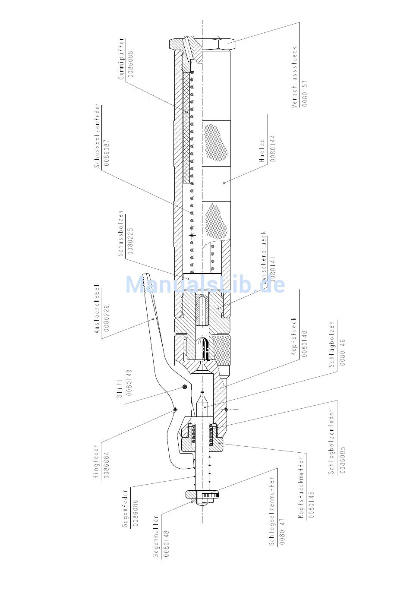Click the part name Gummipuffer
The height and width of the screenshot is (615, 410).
point(122,58)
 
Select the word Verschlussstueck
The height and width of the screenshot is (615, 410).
point(295,77)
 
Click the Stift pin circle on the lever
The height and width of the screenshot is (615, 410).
point(185,387)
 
